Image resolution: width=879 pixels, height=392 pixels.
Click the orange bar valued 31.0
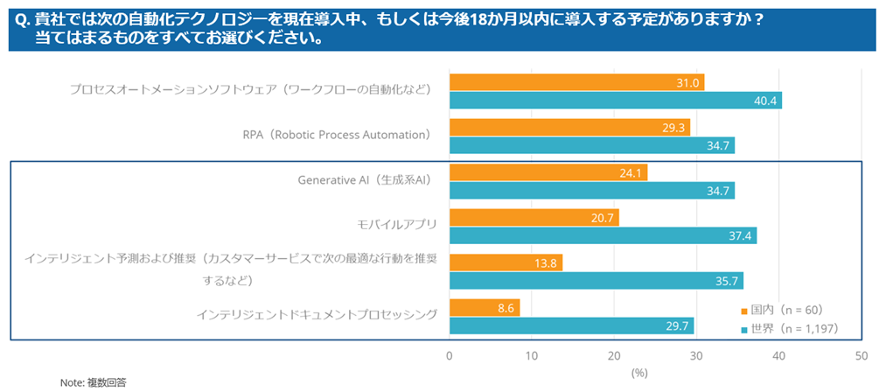[x=576, y=82]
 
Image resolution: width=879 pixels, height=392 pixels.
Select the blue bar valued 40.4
[x=615, y=101]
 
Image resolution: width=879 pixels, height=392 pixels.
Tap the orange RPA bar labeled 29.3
[x=569, y=127]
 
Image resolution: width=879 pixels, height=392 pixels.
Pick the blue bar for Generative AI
[x=591, y=191]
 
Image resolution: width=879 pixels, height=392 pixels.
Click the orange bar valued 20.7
[x=534, y=218]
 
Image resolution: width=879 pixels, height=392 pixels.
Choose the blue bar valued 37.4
[x=603, y=235]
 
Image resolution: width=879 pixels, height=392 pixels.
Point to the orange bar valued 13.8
[x=506, y=262]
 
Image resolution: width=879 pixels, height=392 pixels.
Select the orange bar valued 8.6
[x=485, y=308]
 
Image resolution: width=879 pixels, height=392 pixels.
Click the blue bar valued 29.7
[x=571, y=326]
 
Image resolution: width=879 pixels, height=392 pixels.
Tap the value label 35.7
[x=728, y=281]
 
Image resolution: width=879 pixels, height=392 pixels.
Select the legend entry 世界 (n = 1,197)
[x=789, y=330]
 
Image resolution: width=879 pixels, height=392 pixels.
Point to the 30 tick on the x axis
[x=696, y=355]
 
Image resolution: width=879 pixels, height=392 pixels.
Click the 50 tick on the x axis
[x=861, y=355]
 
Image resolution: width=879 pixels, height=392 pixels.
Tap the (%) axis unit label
[x=639, y=372]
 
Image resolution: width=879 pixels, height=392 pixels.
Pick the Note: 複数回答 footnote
[x=93, y=382]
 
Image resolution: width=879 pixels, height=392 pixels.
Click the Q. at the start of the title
[x=23, y=18]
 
